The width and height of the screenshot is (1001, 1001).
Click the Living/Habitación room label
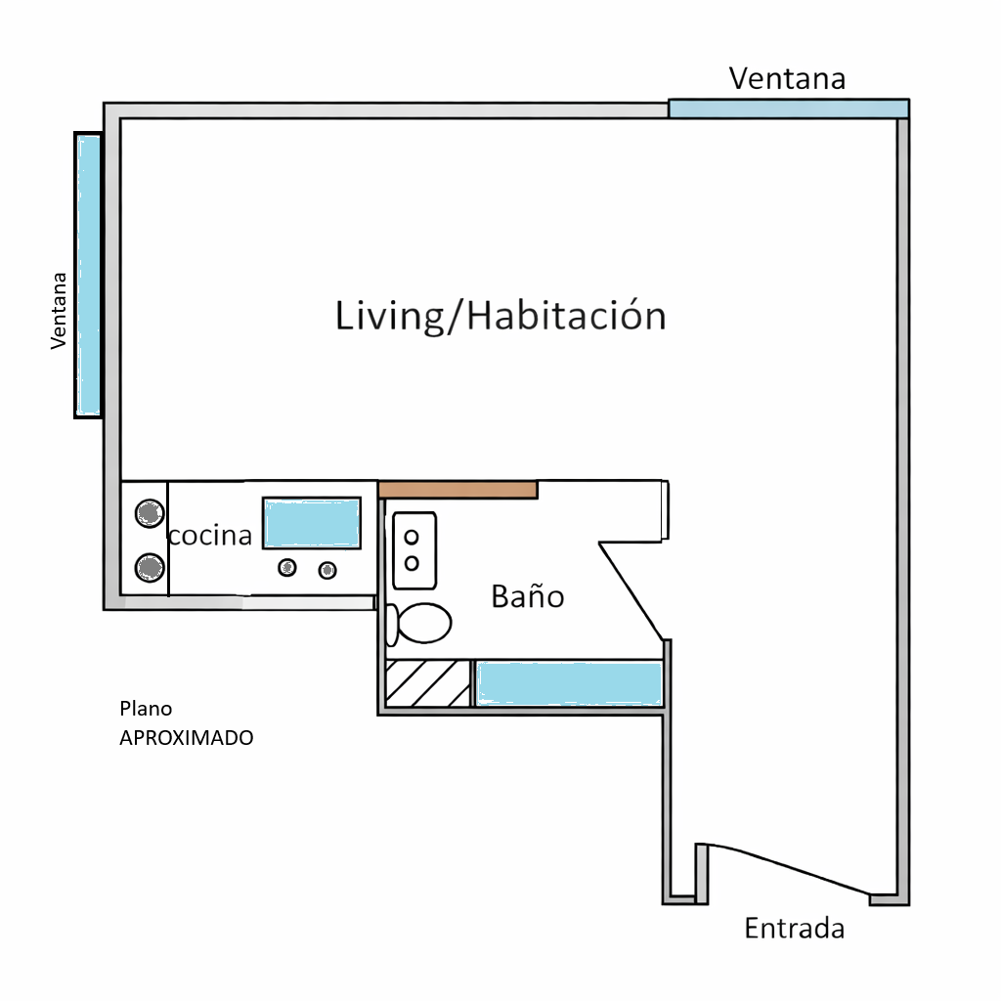[x=500, y=316]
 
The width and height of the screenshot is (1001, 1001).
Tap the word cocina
[x=210, y=535]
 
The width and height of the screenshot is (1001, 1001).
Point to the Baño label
[x=528, y=595]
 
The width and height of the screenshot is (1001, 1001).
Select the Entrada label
[x=794, y=928]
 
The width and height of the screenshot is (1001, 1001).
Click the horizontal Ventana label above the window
[x=787, y=78]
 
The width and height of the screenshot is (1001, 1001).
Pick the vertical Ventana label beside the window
[x=59, y=311]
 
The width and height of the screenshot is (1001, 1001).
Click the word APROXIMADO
[x=187, y=737]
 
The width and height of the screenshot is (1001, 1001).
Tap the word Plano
[x=146, y=709]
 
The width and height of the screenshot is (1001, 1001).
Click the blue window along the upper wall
[x=789, y=109]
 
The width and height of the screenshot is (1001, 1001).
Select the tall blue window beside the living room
[x=89, y=275]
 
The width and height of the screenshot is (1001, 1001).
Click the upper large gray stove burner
[x=150, y=512]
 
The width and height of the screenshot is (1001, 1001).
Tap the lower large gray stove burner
[x=150, y=568]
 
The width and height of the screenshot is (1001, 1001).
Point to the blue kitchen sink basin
[x=312, y=524]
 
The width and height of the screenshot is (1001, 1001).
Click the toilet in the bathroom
[x=419, y=623]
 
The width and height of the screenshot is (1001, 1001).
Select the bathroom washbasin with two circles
[x=414, y=550]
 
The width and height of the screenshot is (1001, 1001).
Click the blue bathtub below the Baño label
[x=570, y=683]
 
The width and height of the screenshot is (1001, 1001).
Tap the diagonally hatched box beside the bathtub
[x=428, y=683]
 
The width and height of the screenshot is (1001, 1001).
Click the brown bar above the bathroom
[x=457, y=491]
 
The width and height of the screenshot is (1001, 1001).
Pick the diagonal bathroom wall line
[x=631, y=591]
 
